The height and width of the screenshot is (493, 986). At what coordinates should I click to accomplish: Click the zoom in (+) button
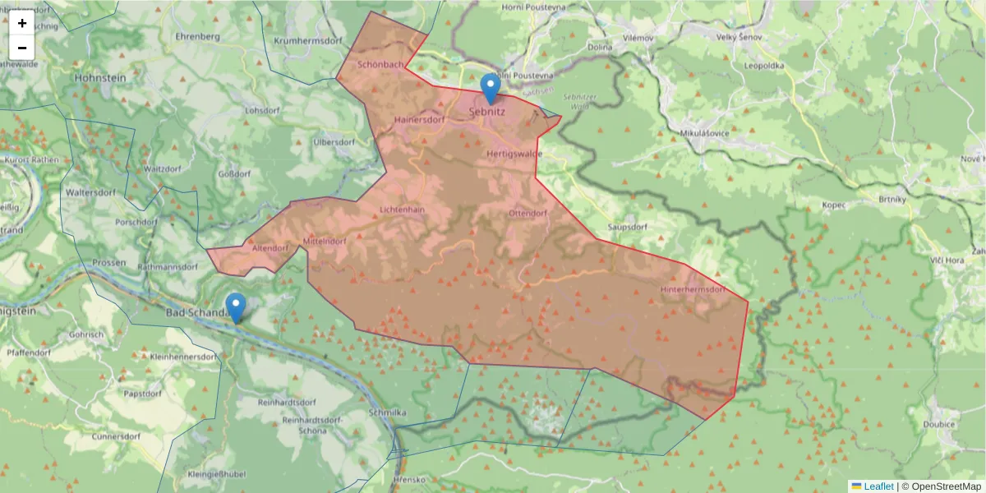[22, 23]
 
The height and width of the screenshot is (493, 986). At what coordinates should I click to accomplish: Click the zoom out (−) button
[22, 48]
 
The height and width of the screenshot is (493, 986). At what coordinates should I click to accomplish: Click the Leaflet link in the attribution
[878, 486]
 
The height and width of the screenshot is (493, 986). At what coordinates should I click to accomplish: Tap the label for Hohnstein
[101, 77]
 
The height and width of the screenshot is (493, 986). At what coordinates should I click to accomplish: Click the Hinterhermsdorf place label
[693, 290]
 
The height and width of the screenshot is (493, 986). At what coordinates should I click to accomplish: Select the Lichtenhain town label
[402, 210]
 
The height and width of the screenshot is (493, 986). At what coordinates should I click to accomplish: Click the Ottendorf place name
[528, 213]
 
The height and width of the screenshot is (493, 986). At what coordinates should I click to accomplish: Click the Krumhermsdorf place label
[307, 40]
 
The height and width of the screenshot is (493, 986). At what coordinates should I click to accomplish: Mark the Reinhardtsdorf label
[288, 403]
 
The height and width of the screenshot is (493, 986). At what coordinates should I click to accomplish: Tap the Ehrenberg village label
[197, 37]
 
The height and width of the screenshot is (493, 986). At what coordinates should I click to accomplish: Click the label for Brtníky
[891, 199]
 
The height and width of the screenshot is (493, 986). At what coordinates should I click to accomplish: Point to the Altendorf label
[270, 247]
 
